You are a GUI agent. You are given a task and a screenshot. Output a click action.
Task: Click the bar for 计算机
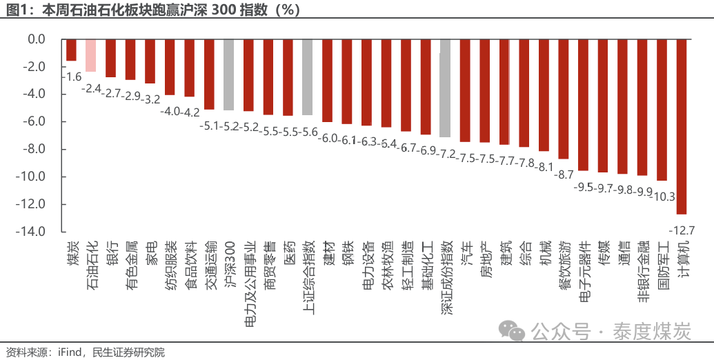click(x=682, y=127)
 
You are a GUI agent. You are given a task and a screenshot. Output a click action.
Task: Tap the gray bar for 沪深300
click(x=229, y=75)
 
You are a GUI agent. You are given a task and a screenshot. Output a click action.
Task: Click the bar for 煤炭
click(x=71, y=50)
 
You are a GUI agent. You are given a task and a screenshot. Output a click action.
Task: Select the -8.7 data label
click(x=564, y=174)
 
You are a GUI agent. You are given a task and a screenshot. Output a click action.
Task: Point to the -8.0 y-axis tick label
click(x=33, y=149)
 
